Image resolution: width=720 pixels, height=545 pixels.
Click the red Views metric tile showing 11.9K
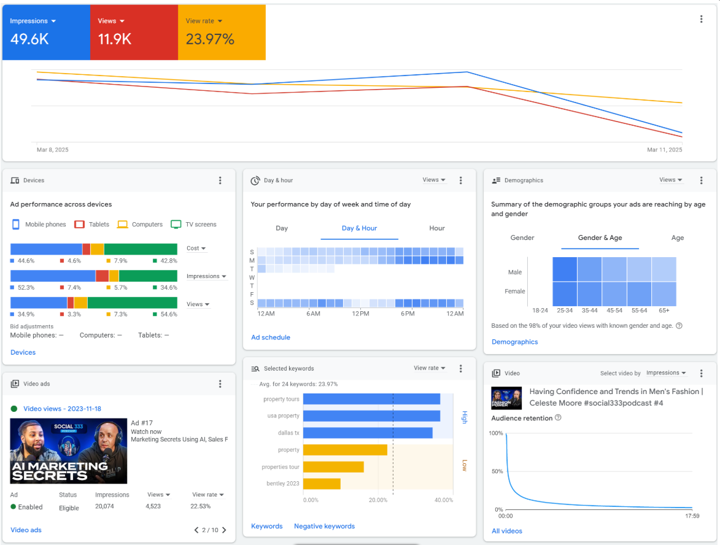click(134, 33)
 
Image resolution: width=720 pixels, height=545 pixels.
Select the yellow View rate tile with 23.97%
click(222, 33)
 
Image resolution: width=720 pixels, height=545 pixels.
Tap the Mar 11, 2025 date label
click(664, 150)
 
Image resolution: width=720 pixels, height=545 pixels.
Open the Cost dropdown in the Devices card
click(196, 249)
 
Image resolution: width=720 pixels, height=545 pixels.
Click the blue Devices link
click(23, 352)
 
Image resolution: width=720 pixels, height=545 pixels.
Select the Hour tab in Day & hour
click(437, 228)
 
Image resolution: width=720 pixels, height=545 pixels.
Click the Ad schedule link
click(271, 338)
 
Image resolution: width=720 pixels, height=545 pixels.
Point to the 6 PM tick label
click(408, 314)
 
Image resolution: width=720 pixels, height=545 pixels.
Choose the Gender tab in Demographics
click(522, 238)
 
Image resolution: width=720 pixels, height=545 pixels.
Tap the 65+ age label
click(664, 311)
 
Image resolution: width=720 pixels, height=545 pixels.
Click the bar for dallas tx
click(368, 433)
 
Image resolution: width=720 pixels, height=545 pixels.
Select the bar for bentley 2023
click(322, 484)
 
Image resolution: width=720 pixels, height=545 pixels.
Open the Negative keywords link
click(324, 527)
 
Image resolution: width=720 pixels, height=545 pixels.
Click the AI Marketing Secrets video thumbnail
click(69, 451)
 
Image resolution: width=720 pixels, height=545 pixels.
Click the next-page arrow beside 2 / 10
click(224, 530)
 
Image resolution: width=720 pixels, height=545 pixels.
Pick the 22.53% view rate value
click(200, 507)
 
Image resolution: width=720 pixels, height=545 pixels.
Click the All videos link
click(507, 531)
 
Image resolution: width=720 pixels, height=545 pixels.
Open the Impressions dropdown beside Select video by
click(666, 373)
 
